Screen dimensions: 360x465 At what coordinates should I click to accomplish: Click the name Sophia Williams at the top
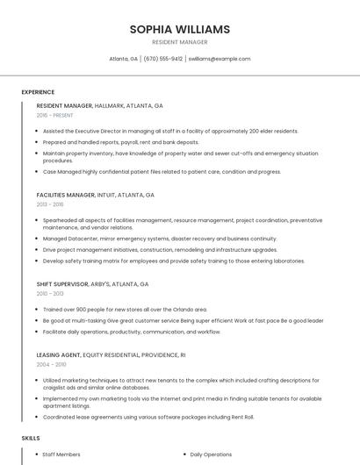(180, 29)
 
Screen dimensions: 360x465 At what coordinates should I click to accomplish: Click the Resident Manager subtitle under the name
(180, 42)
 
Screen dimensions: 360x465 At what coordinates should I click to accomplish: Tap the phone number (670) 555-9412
(163, 59)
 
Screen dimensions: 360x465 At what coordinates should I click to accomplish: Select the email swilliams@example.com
(220, 59)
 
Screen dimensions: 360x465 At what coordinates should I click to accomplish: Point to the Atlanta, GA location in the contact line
(123, 59)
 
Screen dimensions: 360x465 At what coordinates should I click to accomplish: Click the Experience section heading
(38, 92)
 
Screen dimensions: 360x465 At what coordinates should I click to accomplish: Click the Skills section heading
(31, 437)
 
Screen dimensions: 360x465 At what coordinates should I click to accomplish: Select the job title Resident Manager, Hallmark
(99, 105)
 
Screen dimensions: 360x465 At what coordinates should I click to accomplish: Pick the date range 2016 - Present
(56, 115)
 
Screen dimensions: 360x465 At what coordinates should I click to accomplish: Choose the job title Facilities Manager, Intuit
(95, 195)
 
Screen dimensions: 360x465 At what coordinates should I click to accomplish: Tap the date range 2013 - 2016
(50, 204)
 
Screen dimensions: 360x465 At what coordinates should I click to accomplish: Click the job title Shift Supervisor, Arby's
(92, 284)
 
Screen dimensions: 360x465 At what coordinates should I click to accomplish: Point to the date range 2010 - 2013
(50, 294)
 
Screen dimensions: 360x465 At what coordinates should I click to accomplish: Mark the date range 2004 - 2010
(51, 365)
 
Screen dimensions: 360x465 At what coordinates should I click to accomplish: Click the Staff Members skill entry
(61, 454)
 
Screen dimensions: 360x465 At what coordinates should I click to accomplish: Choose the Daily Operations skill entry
(211, 454)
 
